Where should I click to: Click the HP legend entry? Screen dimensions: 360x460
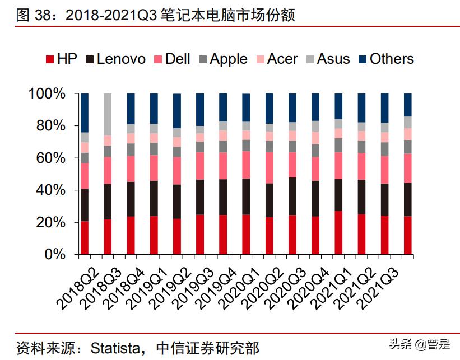point(61,59)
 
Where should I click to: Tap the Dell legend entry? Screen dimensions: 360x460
point(172,59)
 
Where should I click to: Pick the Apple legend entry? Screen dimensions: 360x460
point(222,59)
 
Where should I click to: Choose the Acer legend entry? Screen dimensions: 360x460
point(277,59)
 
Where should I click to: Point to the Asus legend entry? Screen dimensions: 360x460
point(327,59)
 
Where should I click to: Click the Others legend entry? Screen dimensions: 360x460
point(385,59)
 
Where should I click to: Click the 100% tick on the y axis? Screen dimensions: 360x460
point(47,93)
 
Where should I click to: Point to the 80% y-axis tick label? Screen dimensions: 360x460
point(50,126)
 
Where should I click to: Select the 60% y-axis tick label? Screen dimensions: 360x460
point(50,158)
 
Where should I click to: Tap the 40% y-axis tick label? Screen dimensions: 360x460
point(50,190)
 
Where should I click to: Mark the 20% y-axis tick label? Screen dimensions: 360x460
point(50,222)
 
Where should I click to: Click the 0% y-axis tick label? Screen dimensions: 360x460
point(55,255)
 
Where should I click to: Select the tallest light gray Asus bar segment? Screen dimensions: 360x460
point(108,114)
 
